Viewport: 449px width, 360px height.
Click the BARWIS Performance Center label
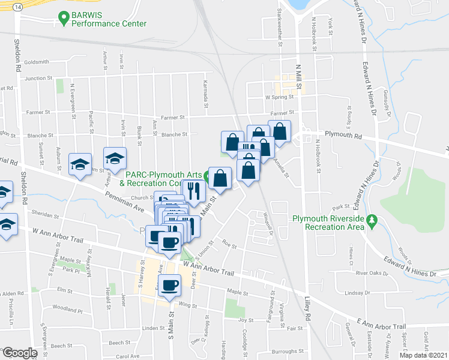coord(108,19)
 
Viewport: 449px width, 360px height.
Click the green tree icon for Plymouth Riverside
coord(372,222)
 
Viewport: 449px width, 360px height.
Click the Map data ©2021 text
coord(423,355)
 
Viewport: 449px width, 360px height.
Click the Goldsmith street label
coord(36,62)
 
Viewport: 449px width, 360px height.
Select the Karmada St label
coord(205,94)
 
